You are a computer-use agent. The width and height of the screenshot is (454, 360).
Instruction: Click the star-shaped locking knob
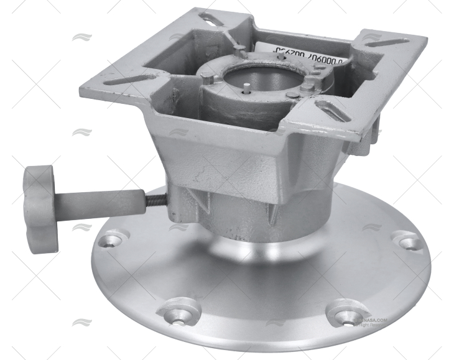(40, 200)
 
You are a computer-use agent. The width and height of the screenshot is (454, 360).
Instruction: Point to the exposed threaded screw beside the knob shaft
(156, 200)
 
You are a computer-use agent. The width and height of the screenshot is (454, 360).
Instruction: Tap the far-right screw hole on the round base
(405, 240)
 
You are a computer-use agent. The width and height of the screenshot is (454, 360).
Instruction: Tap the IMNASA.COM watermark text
(371, 320)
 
